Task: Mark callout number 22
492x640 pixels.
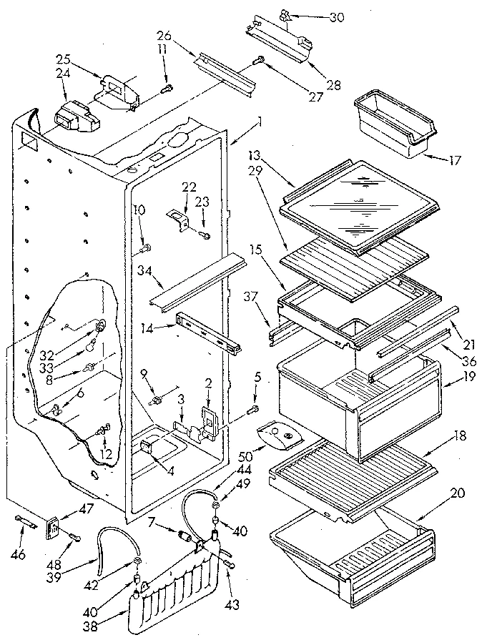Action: [x=189, y=188]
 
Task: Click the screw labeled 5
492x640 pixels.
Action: [x=252, y=410]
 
